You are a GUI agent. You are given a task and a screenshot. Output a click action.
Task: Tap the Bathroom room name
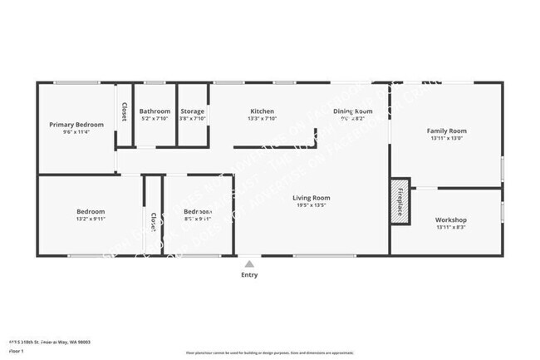click(x=155, y=111)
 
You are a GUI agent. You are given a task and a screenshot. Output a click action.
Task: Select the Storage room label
click(x=193, y=111)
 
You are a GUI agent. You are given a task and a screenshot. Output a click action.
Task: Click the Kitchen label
click(x=263, y=111)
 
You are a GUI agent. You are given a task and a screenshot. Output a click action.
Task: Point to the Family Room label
click(x=446, y=131)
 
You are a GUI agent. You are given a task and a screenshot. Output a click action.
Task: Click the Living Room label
click(x=312, y=198)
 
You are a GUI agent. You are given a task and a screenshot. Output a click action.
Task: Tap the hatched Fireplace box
click(x=400, y=200)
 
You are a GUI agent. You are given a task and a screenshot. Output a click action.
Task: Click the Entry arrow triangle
click(x=249, y=264)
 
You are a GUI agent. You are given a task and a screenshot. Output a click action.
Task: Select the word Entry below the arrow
click(x=249, y=274)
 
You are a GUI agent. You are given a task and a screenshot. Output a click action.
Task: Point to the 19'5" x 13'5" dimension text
click(x=312, y=206)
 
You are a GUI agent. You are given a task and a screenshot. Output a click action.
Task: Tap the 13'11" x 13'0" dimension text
click(x=446, y=139)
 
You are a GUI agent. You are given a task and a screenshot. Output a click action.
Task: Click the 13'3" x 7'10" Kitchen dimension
click(x=263, y=119)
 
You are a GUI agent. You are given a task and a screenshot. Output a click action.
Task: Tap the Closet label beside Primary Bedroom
click(x=125, y=112)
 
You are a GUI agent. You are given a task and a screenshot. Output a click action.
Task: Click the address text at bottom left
click(x=50, y=342)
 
